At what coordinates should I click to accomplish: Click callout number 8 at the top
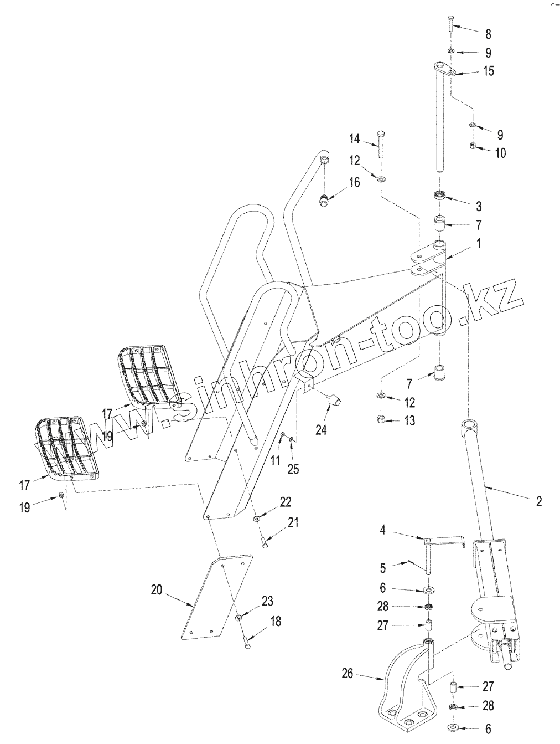click(x=488, y=34)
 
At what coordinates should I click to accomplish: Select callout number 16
click(x=354, y=182)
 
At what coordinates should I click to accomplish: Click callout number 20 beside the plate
click(x=157, y=590)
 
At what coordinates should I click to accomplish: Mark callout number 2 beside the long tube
click(x=538, y=502)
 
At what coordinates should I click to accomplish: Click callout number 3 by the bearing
click(x=479, y=207)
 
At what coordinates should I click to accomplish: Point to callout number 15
click(x=488, y=71)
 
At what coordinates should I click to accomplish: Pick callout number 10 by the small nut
click(x=500, y=153)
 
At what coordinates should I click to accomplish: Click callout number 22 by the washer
click(x=286, y=502)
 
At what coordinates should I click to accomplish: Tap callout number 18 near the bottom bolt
click(x=275, y=622)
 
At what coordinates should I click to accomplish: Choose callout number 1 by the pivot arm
click(x=479, y=243)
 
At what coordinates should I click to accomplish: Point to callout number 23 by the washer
click(x=267, y=602)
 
